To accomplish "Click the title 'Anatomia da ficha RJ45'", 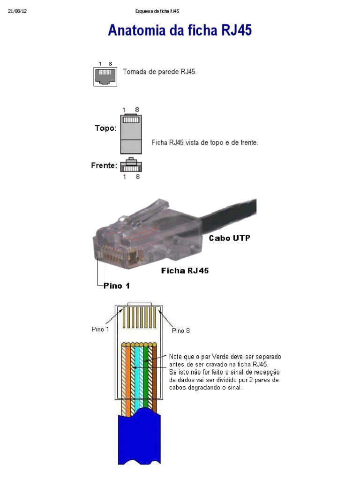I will click(180, 31).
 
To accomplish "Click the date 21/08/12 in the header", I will click(18, 11).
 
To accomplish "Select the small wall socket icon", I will click(105, 76).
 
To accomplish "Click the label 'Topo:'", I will click(106, 128).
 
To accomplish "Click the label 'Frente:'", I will click(104, 165).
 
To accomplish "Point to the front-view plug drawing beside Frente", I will click(131, 165).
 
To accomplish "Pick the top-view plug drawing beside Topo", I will click(131, 134).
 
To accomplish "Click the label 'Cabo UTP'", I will click(229, 238).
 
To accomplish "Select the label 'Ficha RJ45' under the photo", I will click(185, 270).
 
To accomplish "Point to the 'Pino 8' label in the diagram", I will click(181, 330).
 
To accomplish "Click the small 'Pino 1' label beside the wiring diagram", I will click(100, 329).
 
